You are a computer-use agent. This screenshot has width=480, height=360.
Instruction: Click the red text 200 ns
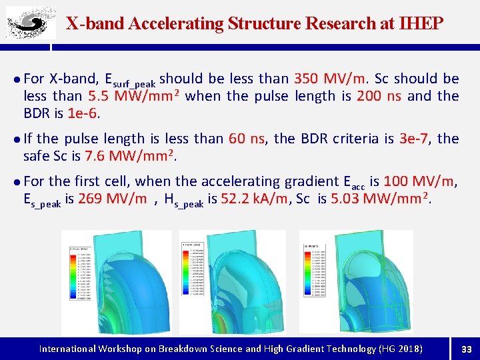click(379, 96)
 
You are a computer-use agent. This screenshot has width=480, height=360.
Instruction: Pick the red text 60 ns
click(247, 139)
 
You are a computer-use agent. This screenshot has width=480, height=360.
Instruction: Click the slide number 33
click(467, 348)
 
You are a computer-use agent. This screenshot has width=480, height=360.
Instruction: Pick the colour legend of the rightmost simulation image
click(313, 274)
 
